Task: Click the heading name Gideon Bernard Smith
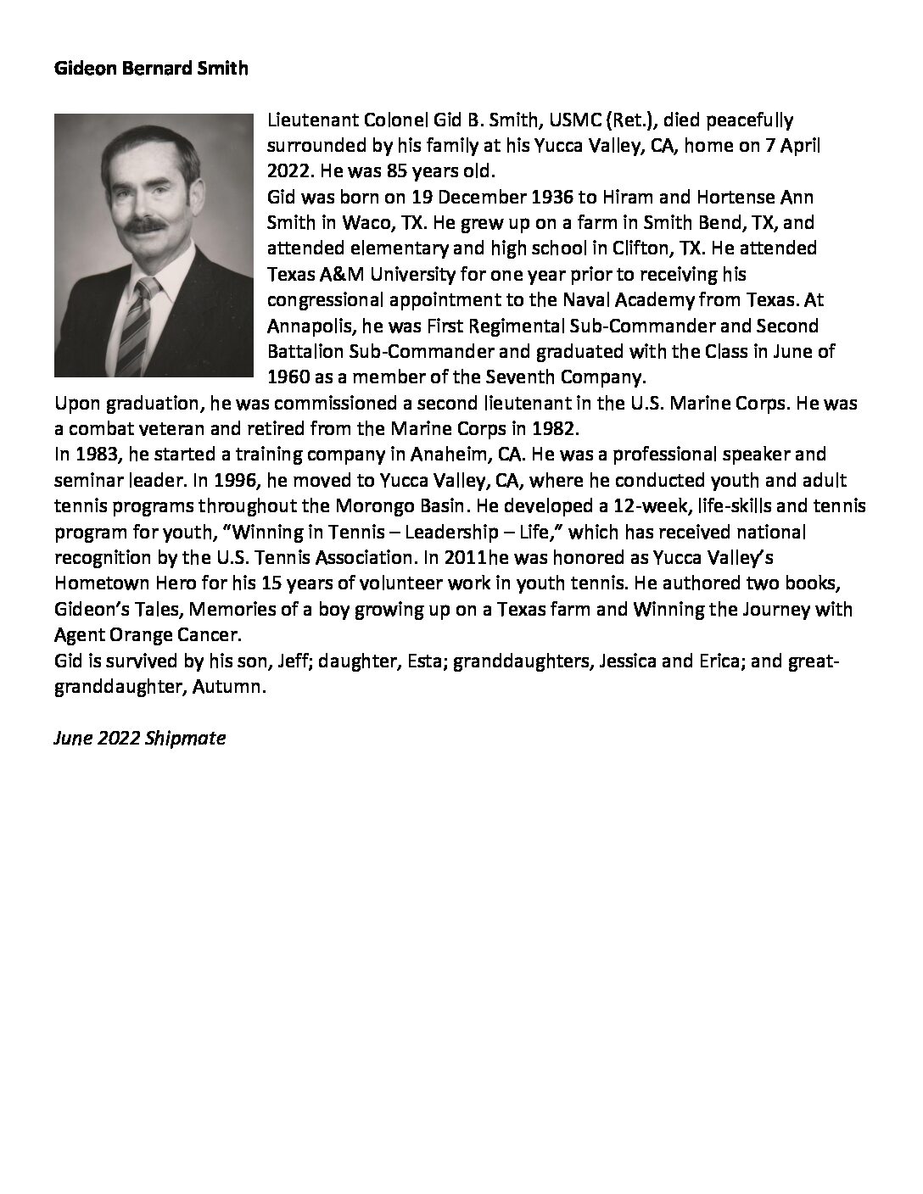[x=152, y=70]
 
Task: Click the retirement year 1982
[x=555, y=429]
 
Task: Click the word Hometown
[x=97, y=583]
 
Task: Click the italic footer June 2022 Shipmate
[x=140, y=738]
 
